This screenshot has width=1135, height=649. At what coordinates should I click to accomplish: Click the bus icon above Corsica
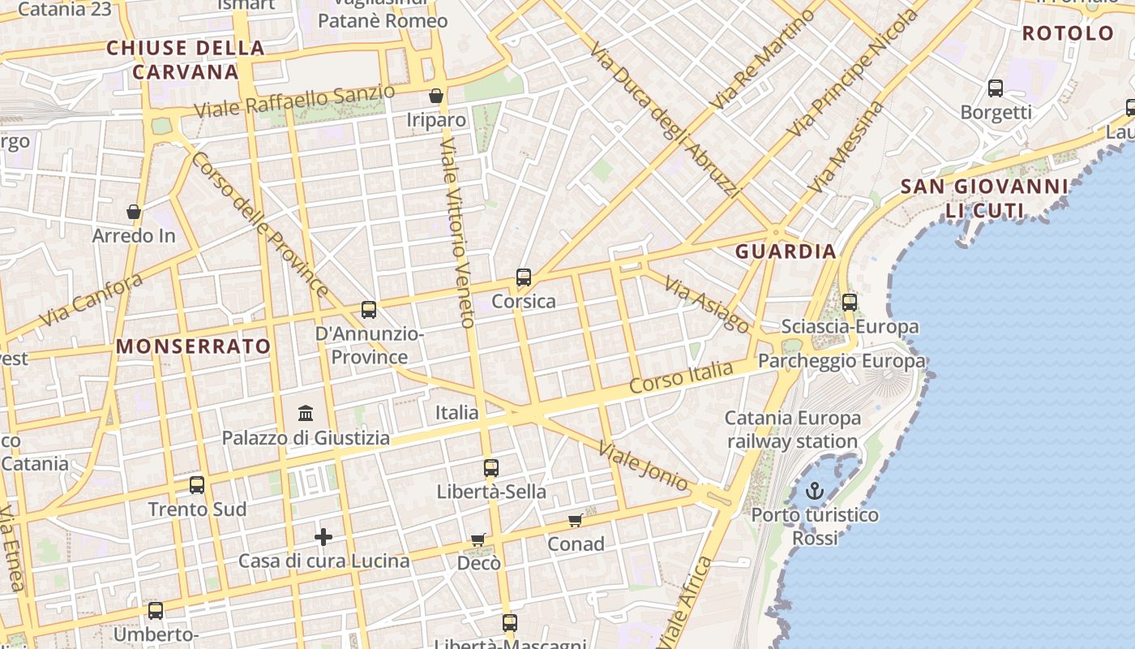(x=524, y=277)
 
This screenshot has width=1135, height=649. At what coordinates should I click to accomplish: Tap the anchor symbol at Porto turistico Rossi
(x=814, y=491)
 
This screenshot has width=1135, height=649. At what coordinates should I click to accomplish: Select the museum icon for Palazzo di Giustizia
(x=306, y=414)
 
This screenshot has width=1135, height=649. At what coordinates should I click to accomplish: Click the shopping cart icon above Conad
(x=575, y=520)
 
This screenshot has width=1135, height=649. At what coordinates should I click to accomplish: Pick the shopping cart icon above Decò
(x=478, y=539)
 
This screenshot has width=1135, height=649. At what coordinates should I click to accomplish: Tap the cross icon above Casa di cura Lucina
(x=323, y=537)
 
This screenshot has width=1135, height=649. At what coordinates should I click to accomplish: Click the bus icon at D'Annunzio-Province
(x=369, y=309)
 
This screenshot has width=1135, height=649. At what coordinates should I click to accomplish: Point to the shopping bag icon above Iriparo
(x=436, y=96)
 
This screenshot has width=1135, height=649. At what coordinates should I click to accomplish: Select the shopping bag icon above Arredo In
(x=134, y=213)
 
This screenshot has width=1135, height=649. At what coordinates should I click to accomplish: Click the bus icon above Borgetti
(x=996, y=88)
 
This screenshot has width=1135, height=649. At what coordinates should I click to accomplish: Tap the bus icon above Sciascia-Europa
(x=850, y=303)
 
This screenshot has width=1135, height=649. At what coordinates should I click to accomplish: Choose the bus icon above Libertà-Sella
(x=491, y=468)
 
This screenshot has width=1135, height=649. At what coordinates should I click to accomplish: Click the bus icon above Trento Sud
(x=197, y=485)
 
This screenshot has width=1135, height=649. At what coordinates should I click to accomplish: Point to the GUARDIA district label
(x=786, y=251)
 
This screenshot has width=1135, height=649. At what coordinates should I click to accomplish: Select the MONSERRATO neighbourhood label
(x=194, y=346)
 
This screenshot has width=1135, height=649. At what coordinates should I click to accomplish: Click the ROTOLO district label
(x=1068, y=33)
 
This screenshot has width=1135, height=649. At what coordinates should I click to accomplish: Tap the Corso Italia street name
(x=681, y=378)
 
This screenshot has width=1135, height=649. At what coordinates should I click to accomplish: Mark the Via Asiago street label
(x=707, y=304)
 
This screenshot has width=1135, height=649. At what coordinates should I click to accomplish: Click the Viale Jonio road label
(x=643, y=466)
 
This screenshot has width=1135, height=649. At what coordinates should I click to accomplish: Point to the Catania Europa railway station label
(x=792, y=430)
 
